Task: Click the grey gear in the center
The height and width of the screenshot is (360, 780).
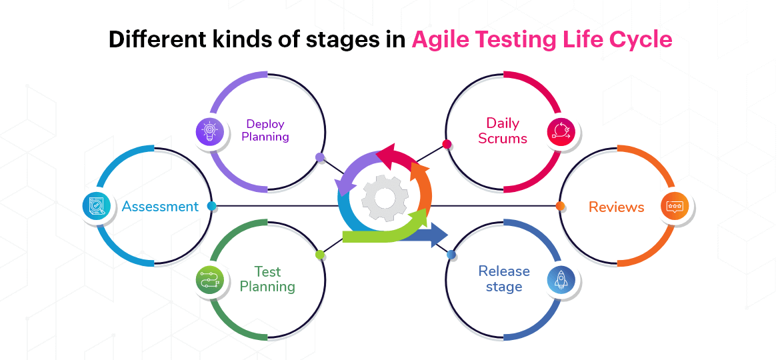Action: click(x=385, y=198)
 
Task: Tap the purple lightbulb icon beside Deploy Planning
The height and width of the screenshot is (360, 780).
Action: click(x=209, y=131)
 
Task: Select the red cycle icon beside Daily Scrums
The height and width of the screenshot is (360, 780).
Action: click(x=561, y=131)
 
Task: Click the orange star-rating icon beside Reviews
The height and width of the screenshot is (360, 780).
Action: click(x=675, y=207)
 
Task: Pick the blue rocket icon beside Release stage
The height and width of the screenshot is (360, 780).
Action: click(x=561, y=281)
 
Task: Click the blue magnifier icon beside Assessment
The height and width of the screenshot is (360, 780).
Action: click(x=96, y=207)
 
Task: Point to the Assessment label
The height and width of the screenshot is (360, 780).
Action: click(x=160, y=207)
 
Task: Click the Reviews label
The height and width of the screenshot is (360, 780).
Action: click(x=616, y=207)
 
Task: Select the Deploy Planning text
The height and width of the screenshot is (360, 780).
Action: click(x=265, y=130)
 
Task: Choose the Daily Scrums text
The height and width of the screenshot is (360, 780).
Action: click(x=503, y=131)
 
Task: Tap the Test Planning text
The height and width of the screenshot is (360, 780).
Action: click(x=267, y=279)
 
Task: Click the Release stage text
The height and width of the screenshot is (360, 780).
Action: click(x=504, y=279)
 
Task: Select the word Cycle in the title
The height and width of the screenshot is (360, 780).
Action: click(x=642, y=40)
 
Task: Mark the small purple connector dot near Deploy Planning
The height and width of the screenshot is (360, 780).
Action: click(x=320, y=158)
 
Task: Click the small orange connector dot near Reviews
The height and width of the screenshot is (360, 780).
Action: click(x=560, y=206)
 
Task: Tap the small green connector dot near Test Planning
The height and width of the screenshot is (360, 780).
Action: click(x=320, y=255)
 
